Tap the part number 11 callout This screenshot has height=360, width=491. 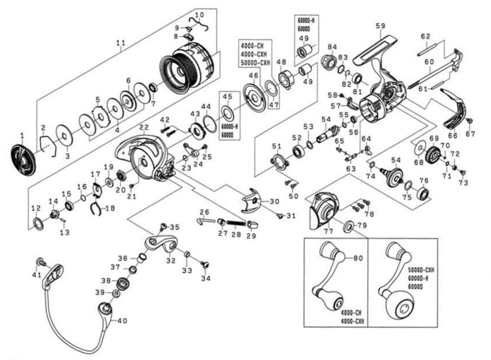[x=121, y=43]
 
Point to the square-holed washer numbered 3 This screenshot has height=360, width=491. [x=64, y=135]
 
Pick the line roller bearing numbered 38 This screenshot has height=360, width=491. [x=121, y=283]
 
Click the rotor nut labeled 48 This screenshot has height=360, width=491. [x=285, y=79]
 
